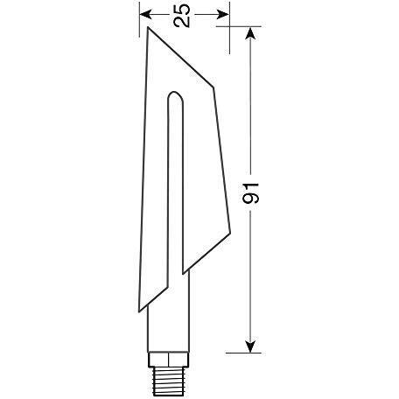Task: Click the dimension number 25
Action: click(181, 16)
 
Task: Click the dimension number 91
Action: click(250, 193)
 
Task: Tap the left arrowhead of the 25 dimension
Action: click(145, 14)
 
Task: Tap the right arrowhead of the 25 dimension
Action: click(223, 14)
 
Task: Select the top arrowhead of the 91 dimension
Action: click(250, 32)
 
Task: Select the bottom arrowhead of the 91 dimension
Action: click(250, 346)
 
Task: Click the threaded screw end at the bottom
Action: click(169, 381)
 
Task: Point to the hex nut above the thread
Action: click(169, 360)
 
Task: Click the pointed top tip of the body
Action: click(148, 27)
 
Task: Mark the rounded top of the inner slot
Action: click(176, 94)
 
